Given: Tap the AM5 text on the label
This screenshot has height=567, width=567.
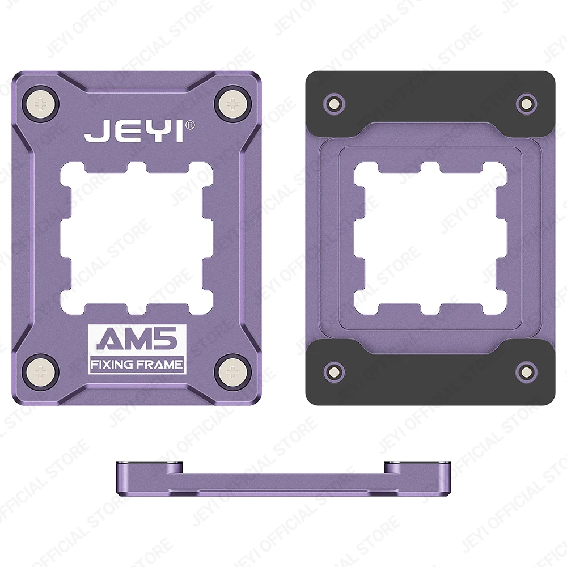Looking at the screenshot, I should point(137,340).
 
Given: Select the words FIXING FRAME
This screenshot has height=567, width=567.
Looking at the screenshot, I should point(137,363).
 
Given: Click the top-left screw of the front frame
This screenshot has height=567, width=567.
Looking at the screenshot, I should point(41,104).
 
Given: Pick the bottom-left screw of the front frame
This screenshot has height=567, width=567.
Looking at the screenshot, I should point(41,372).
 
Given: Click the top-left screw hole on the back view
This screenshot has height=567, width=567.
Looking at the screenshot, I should point(333,103).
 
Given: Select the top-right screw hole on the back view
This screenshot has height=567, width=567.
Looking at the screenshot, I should point(526,103).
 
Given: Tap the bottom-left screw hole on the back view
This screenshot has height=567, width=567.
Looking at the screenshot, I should point(333,372).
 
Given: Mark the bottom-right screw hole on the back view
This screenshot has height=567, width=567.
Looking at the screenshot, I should point(526,372).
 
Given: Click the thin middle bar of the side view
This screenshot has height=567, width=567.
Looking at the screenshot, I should point(282,485).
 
